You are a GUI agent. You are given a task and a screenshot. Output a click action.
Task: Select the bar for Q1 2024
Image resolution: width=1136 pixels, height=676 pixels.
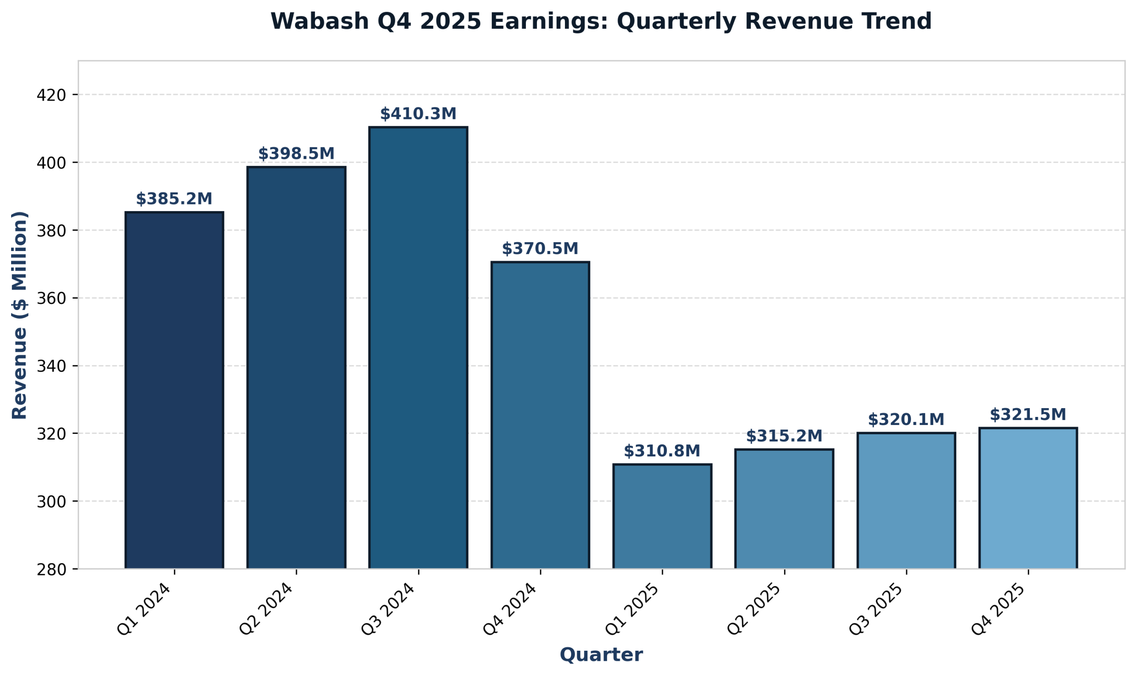pos(174,390)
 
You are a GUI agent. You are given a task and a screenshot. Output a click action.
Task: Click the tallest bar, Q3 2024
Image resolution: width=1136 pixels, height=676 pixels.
pos(418,348)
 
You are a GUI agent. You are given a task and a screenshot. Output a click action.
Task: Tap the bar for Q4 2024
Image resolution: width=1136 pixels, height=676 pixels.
pos(540,415)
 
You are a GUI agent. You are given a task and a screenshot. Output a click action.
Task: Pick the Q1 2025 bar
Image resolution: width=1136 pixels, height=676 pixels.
pos(662,516)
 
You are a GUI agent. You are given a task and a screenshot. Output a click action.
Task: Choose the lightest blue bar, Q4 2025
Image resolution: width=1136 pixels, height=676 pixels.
pos(1028,498)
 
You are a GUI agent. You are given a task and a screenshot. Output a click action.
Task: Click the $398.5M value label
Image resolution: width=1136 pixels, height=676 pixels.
pos(296,154)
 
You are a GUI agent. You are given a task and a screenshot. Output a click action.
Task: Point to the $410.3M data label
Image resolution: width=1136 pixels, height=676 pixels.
pos(418,114)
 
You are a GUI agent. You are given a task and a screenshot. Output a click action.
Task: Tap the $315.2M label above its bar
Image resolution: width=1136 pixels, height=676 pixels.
pos(784,436)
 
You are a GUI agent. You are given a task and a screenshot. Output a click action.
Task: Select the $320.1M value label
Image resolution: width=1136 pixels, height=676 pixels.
pos(906,420)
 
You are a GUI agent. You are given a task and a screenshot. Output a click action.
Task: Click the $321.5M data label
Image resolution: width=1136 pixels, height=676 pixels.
pos(1028,415)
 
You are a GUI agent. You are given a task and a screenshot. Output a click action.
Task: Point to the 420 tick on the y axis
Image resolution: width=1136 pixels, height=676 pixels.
pos(51,95)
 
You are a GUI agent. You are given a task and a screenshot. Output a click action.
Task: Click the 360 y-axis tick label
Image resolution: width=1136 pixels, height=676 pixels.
pos(51,299)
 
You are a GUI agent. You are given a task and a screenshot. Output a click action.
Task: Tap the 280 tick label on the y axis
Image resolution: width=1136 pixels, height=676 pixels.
pos(51,570)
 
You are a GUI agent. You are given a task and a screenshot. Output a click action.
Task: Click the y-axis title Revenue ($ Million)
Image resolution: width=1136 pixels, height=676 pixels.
pos(20,315)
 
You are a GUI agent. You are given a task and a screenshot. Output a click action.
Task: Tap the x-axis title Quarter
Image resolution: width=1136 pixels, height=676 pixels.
pos(601,655)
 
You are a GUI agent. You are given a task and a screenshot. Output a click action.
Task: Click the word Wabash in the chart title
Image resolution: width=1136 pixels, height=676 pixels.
pos(319,21)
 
